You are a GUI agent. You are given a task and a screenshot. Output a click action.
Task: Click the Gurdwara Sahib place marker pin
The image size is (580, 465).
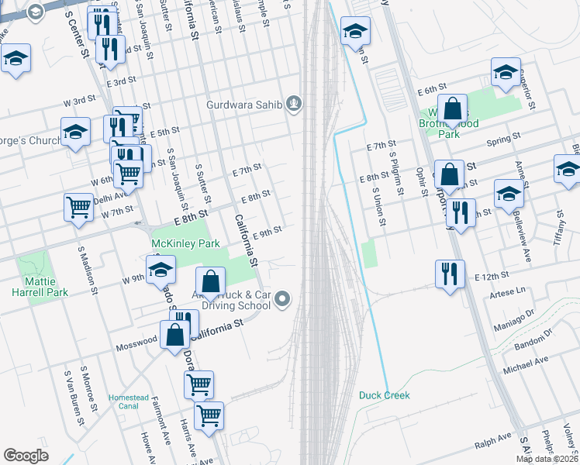[x=293, y=104]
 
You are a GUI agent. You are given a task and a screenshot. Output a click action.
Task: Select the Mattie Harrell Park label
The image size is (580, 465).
[x=40, y=286]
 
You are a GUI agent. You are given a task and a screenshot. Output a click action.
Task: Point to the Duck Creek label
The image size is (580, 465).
[x=384, y=395]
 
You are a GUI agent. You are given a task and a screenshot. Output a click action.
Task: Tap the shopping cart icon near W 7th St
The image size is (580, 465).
[x=79, y=208]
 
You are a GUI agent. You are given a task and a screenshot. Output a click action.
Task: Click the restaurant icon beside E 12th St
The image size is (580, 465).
[x=450, y=273]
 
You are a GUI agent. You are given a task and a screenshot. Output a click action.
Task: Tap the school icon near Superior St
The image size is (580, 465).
[x=506, y=73]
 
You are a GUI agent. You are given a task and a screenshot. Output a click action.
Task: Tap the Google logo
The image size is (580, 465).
[x=26, y=455]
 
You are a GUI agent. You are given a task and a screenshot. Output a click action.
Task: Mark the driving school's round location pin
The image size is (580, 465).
[x=283, y=298]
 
